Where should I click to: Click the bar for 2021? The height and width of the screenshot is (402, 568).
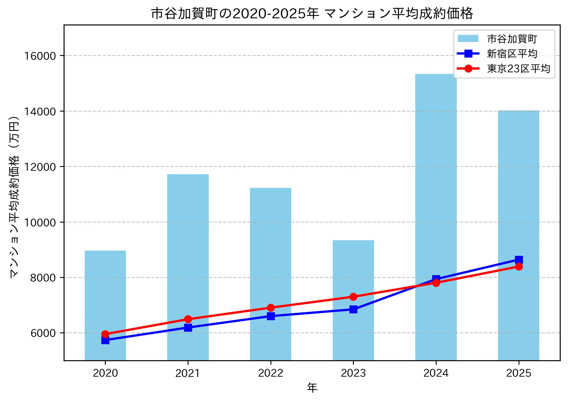[188, 245]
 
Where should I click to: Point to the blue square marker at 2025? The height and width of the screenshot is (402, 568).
[519, 259]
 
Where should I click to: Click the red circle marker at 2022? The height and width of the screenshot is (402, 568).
[270, 308]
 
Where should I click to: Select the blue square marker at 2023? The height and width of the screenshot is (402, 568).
[353, 309]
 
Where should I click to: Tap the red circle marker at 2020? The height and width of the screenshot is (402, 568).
[105, 334]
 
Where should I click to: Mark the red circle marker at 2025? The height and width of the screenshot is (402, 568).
[519, 266]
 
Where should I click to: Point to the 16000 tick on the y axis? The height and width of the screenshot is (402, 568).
[40, 56]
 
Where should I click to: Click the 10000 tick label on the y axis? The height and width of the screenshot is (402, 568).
[40, 223]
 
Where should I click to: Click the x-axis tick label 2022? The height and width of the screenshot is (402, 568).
[270, 373]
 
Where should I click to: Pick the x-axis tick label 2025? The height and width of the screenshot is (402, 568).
[519, 373]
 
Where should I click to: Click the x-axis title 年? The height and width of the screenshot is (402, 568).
[312, 388]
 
